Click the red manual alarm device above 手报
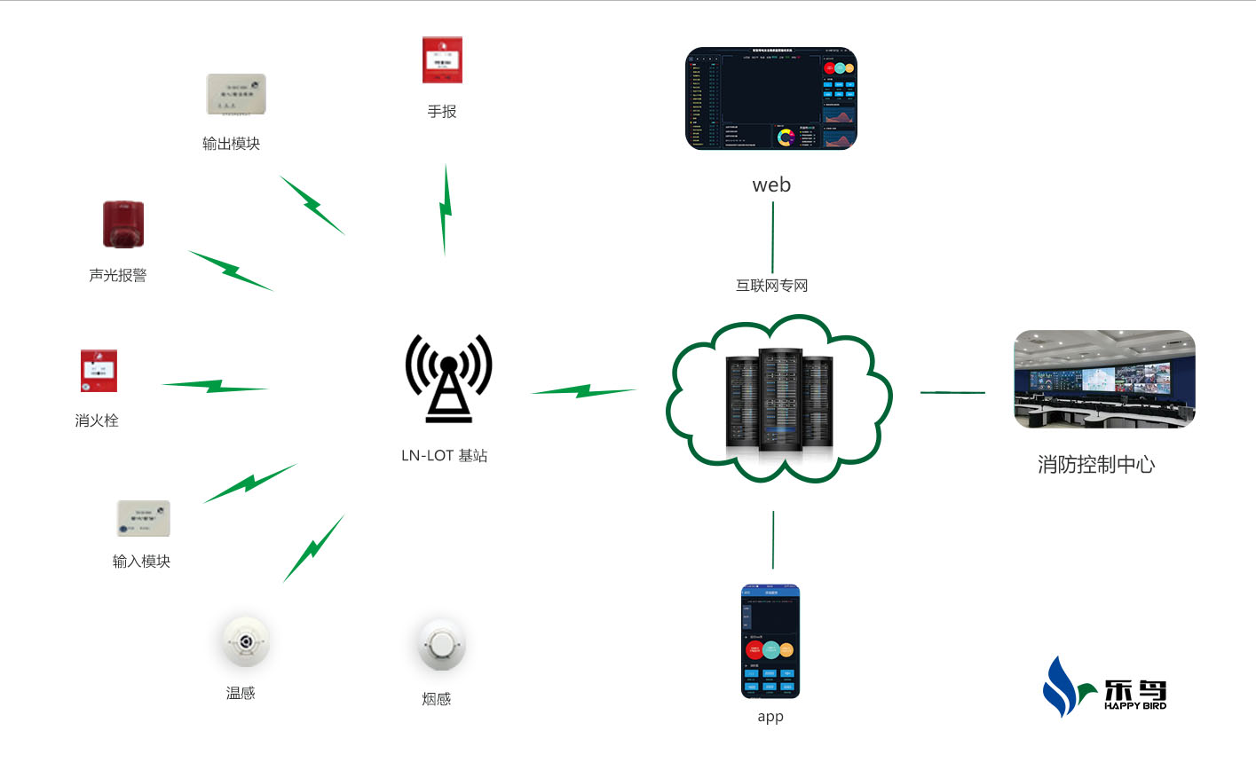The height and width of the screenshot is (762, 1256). tap(442, 60)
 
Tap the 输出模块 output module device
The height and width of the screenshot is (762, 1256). tap(236, 94)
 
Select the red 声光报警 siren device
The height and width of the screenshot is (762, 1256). tap(123, 224)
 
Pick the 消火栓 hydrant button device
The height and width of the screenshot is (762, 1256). tap(99, 371)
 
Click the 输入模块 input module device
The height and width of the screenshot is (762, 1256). tap(143, 518)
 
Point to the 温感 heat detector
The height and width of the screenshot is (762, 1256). tap(245, 640)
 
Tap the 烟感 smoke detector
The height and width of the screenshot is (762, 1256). tap(440, 645)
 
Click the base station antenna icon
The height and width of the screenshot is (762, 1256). tap(448, 378)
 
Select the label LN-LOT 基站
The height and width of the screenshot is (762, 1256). tap(444, 456)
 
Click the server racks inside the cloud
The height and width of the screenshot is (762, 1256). tap(779, 398)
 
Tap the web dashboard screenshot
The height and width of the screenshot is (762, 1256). tap(770, 98)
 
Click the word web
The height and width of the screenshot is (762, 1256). tap(771, 185)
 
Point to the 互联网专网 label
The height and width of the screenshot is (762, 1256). tap(771, 286)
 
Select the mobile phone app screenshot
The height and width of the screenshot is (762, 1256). tap(770, 640)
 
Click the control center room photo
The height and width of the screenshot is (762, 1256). tap(1104, 379)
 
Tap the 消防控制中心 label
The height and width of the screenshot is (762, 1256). tap(1096, 465)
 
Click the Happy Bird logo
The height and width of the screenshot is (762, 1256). tap(1104, 687)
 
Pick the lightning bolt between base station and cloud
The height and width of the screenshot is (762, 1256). tap(584, 390)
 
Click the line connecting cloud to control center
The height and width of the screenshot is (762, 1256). tap(952, 392)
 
